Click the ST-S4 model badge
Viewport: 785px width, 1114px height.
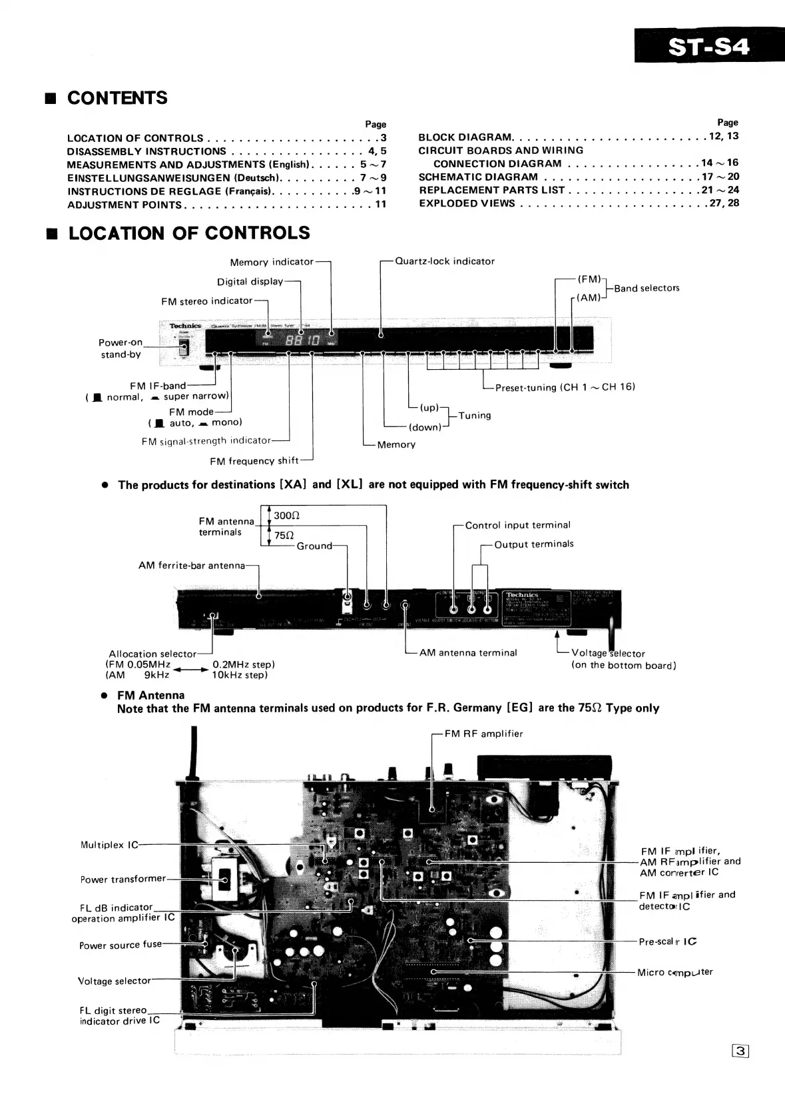pyautogui.click(x=708, y=47)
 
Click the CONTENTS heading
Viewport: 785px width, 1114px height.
pyautogui.click(x=117, y=98)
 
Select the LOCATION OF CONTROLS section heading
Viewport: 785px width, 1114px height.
pyautogui.click(x=189, y=233)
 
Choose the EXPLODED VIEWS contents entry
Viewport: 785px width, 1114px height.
pyautogui.click(x=467, y=203)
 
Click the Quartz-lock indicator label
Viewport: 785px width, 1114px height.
pyautogui.click(x=445, y=261)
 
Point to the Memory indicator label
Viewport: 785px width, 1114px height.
pyautogui.click(x=271, y=263)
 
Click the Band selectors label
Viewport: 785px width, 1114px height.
pyautogui.click(x=647, y=288)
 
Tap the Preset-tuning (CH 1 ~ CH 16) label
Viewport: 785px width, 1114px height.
pyautogui.click(x=565, y=387)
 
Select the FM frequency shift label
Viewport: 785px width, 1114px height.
pyautogui.click(x=251, y=461)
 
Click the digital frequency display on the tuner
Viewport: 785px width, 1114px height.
pyautogui.click(x=304, y=341)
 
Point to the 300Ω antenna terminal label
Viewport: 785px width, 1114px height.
pyautogui.click(x=287, y=516)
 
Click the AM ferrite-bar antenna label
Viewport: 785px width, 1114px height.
pyautogui.click(x=192, y=566)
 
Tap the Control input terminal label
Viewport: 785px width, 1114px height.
pyautogui.click(x=517, y=525)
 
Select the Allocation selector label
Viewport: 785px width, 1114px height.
pyautogui.click(x=152, y=654)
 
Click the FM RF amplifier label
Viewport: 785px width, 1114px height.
pyautogui.click(x=483, y=734)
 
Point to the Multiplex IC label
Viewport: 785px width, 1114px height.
pyautogui.click(x=109, y=845)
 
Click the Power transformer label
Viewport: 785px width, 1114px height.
pyautogui.click(x=123, y=879)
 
